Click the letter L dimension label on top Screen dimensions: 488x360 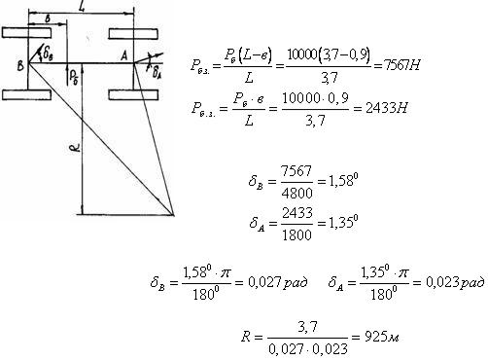82,7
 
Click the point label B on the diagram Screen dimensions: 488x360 20,65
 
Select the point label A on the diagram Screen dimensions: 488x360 123,56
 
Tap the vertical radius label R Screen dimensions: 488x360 75,149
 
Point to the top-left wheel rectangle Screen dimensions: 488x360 26,33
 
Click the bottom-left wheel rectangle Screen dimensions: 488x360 26,94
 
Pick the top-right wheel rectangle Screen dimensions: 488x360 133,34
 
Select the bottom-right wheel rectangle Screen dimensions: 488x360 133,94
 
